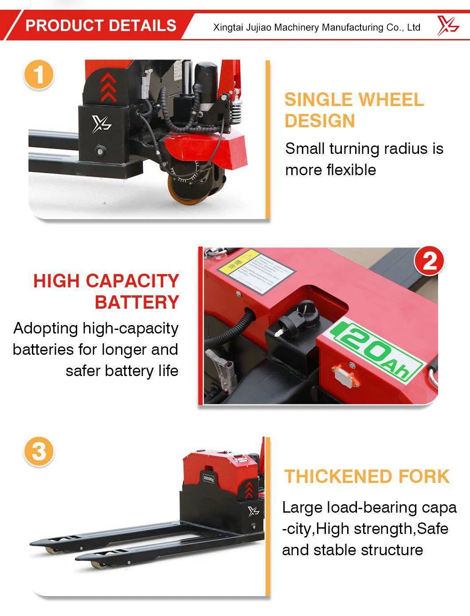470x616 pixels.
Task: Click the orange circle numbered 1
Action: tap(39, 74)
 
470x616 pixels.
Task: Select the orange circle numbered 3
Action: tap(39, 451)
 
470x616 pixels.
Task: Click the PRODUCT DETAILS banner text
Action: tap(101, 25)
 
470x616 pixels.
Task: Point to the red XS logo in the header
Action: tap(447, 25)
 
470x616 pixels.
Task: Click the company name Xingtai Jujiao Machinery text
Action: tap(317, 27)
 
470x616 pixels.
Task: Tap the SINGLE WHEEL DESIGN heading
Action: tap(354, 110)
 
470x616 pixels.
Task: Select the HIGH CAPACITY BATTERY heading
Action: tap(106, 291)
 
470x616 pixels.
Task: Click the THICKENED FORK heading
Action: tap(367, 476)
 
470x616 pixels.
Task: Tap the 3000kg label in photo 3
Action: tap(208, 478)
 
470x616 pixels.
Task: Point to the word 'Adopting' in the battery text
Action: tap(46, 328)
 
